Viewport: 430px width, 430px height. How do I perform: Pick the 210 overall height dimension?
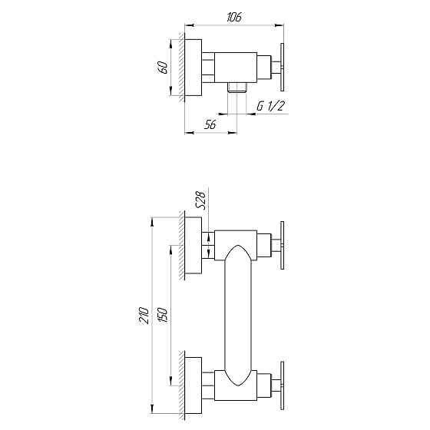point(144,314)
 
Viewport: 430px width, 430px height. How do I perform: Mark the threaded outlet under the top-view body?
point(237,88)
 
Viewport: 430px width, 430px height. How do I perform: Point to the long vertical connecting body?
point(238,315)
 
